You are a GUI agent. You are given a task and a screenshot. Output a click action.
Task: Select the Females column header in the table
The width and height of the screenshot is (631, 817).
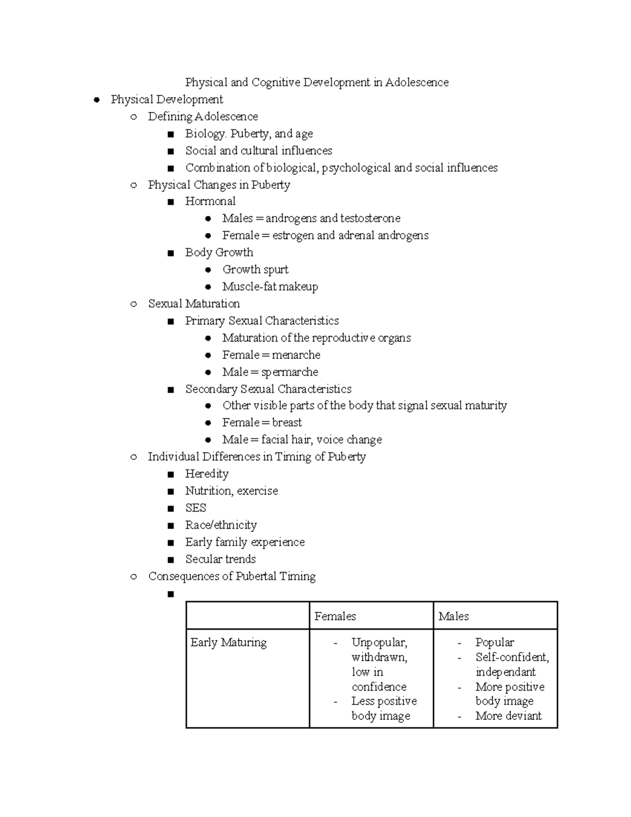point(335,616)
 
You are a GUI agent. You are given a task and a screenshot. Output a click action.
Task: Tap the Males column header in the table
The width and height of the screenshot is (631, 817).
point(453,616)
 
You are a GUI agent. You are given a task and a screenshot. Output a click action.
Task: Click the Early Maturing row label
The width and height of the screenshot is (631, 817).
point(228,642)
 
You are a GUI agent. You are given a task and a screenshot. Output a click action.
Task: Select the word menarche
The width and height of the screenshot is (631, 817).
point(296,355)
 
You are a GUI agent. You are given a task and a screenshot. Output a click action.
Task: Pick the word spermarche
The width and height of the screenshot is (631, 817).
point(290,372)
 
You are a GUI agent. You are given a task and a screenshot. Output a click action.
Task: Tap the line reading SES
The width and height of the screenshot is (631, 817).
point(196,508)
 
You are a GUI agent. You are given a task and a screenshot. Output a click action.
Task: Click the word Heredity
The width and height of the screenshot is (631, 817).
point(207,474)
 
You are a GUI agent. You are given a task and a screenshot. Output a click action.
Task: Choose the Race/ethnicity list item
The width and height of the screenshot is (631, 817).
point(221,525)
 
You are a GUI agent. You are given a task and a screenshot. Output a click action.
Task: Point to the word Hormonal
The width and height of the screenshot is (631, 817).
point(210,201)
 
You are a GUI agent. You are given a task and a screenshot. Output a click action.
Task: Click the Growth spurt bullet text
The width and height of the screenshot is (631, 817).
point(256,270)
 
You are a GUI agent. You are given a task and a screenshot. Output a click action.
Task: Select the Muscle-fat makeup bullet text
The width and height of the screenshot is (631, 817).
point(270,287)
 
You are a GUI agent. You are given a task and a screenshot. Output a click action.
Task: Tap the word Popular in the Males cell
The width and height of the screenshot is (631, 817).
point(494,642)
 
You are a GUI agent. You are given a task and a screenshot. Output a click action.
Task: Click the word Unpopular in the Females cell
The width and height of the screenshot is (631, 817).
point(379,642)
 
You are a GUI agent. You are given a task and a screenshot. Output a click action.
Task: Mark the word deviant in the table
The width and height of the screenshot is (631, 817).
point(523,715)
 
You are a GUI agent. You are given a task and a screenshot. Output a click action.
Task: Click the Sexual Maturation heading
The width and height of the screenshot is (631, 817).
point(194,304)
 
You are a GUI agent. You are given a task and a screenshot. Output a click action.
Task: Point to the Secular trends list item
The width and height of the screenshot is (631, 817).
point(220,559)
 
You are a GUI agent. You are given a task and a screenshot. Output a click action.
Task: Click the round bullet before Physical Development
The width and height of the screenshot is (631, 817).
point(96,100)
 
